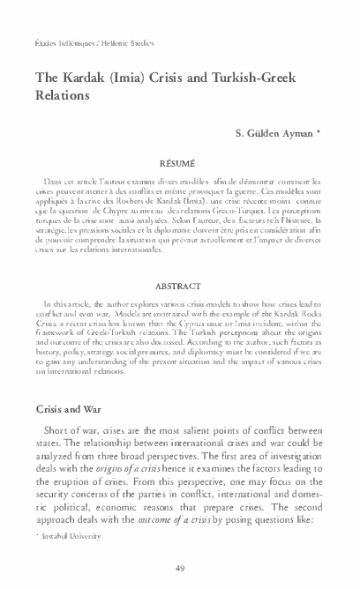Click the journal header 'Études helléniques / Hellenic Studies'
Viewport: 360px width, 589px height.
coord(82,42)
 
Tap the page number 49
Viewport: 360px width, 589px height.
coord(180,567)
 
